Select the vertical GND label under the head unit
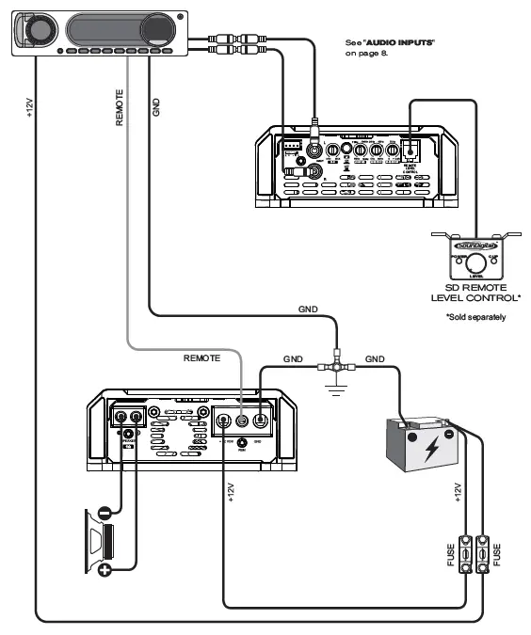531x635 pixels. pos(156,105)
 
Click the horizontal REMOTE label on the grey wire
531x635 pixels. pos(201,358)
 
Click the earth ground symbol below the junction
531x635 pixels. pos(334,389)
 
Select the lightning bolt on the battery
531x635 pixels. pos(430,448)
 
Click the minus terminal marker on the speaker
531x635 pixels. pos(104,515)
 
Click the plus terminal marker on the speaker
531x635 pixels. pos(104,570)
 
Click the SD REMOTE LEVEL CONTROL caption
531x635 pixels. pos(475,293)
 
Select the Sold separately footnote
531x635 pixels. pos(475,317)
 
